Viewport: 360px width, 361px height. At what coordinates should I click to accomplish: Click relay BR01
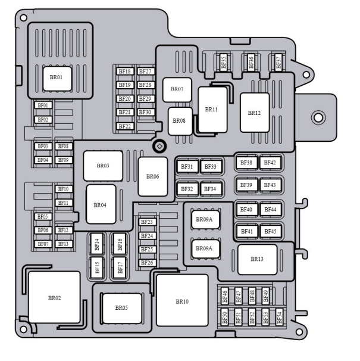[x=55, y=78]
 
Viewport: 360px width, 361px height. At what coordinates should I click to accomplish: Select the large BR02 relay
[x=54, y=297]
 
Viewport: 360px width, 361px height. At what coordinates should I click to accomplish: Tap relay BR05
[x=121, y=307]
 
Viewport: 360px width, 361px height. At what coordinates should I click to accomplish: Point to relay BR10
[x=182, y=301]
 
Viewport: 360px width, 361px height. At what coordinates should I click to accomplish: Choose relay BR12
[x=254, y=113]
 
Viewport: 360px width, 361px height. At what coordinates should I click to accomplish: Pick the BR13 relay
[x=257, y=259]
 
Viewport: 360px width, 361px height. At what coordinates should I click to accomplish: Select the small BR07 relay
[x=177, y=89]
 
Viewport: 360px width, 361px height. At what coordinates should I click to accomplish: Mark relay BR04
[x=100, y=204]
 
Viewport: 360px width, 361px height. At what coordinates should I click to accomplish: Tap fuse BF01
[x=43, y=105]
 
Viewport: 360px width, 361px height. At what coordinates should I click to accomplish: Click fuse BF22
[x=124, y=126]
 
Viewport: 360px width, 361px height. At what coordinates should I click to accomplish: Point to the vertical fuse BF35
[x=224, y=61]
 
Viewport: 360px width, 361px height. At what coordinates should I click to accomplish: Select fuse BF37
[x=278, y=61]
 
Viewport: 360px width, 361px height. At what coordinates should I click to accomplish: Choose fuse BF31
[x=187, y=166]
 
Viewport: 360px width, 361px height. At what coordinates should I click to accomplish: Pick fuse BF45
[x=270, y=231]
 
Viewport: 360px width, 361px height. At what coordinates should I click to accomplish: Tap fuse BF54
[x=279, y=317]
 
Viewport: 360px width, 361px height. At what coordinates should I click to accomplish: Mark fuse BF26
[x=146, y=263]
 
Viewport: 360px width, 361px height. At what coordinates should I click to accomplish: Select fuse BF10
[x=63, y=189]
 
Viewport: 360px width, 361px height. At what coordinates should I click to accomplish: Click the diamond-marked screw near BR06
[x=159, y=146]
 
